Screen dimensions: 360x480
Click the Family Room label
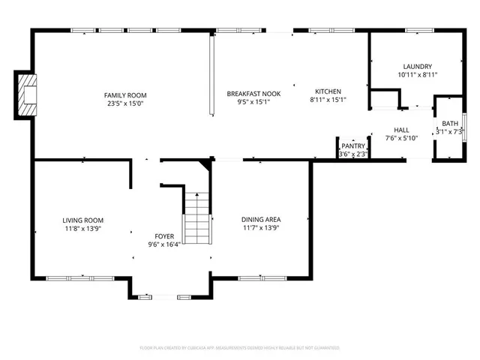(x=125, y=95)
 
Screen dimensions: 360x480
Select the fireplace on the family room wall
(x=27, y=94)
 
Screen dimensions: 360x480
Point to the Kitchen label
(x=328, y=91)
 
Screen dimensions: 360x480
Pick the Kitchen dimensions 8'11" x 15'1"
(x=328, y=100)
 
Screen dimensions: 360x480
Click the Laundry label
(x=417, y=67)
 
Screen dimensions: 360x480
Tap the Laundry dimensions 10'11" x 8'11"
(x=417, y=75)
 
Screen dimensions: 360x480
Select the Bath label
(x=450, y=124)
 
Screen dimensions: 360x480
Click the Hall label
(x=401, y=130)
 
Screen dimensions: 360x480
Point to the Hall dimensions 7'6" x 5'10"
(x=401, y=138)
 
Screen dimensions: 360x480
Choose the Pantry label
(x=353, y=146)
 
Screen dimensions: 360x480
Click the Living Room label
(x=82, y=220)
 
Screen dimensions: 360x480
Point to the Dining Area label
(x=261, y=220)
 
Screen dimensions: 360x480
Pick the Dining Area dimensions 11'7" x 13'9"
(x=261, y=228)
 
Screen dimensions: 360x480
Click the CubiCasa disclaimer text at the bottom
(x=240, y=348)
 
